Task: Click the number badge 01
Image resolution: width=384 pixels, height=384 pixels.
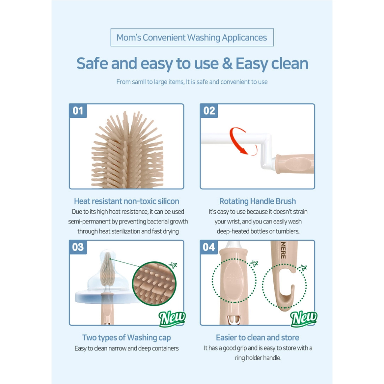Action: pyautogui.click(x=78, y=111)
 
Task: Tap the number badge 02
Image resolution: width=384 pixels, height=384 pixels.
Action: pyautogui.click(x=209, y=111)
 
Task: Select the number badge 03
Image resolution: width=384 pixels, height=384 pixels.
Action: pyautogui.click(x=78, y=247)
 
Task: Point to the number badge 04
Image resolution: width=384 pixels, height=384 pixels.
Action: pyautogui.click(x=209, y=247)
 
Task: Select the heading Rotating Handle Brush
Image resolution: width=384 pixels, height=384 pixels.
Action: pyautogui.click(x=257, y=201)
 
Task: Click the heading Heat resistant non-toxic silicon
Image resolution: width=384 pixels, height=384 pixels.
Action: pyautogui.click(x=126, y=201)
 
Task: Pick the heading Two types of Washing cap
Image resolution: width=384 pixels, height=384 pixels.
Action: pyautogui.click(x=126, y=337)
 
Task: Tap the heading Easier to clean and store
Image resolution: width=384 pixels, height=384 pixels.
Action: pyautogui.click(x=257, y=337)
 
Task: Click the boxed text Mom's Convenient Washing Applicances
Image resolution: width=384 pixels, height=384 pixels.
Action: pyautogui.click(x=192, y=37)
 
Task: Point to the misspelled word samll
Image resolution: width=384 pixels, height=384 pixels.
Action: pyautogui.click(x=139, y=82)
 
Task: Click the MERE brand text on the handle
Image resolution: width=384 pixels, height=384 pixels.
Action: pyautogui.click(x=283, y=250)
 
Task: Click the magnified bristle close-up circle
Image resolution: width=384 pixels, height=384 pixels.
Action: pyautogui.click(x=154, y=283)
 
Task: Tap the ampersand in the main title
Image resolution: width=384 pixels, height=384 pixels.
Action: pyautogui.click(x=227, y=63)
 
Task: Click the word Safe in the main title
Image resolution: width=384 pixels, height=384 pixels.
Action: pyautogui.click(x=92, y=63)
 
